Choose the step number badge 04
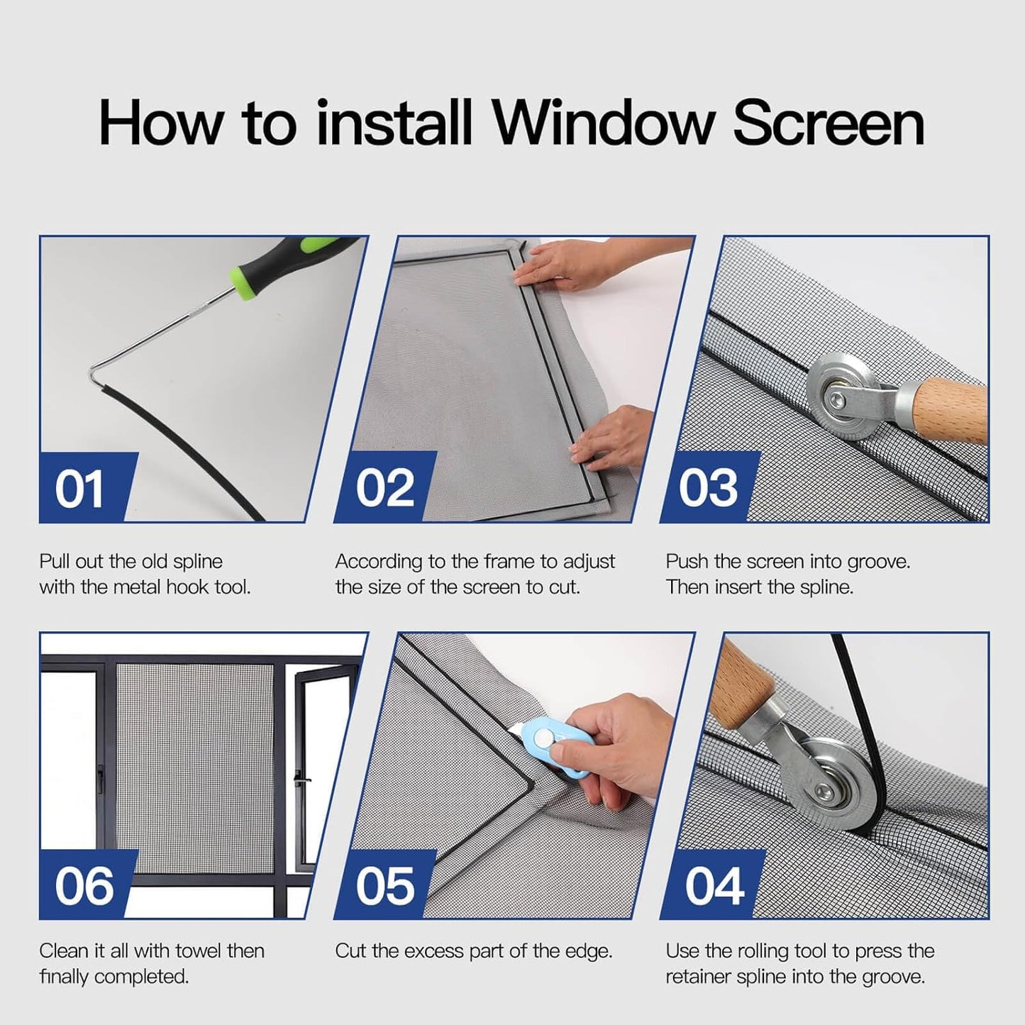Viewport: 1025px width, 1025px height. tap(714, 885)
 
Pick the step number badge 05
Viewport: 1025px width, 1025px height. tap(384, 885)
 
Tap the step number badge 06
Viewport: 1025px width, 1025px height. tap(84, 885)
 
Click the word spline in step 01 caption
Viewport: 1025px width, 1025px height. tap(198, 562)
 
